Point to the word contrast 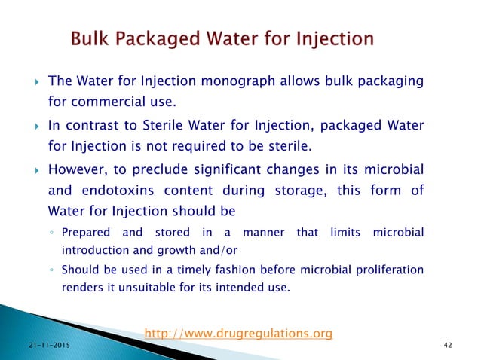click(x=87, y=124)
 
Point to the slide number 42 click(x=451, y=343)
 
